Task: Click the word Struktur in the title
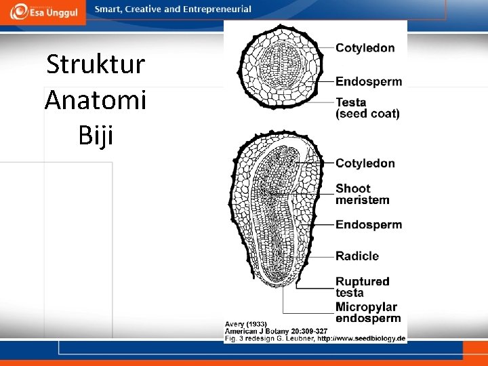[x=96, y=65]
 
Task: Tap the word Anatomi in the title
[x=96, y=100]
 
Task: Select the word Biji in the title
[x=96, y=136]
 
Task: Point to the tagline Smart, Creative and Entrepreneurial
[x=173, y=9]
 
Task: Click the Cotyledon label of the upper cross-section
[x=365, y=48]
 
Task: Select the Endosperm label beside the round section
[x=369, y=82]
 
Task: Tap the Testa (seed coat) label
[x=367, y=108]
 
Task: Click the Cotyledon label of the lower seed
[x=365, y=163]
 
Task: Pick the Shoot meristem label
[x=362, y=194]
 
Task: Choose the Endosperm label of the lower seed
[x=369, y=224]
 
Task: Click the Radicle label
[x=357, y=256]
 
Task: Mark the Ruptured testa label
[x=362, y=287]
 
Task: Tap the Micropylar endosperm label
[x=368, y=312]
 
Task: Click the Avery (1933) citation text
[x=246, y=324]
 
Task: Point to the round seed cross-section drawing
[x=277, y=70]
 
